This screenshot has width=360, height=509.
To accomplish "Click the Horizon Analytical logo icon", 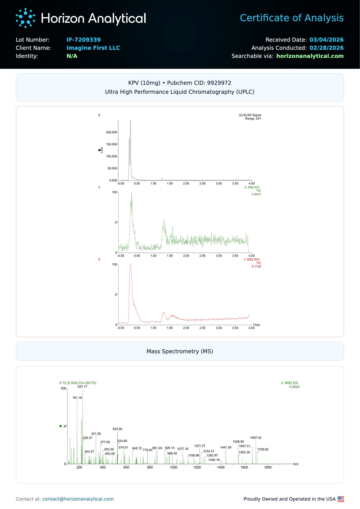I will click(x=25, y=18).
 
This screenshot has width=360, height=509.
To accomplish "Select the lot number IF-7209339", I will click(x=83, y=40).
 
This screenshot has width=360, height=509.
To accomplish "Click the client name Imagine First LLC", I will click(x=93, y=48).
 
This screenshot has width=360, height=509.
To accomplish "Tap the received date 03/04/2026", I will click(x=326, y=40).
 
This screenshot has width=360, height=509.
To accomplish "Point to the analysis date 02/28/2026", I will click(x=326, y=48).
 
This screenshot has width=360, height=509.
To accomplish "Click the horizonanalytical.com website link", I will click(x=310, y=56).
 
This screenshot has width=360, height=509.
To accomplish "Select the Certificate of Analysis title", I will click(x=292, y=18).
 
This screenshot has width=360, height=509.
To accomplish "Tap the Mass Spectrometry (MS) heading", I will click(x=180, y=351).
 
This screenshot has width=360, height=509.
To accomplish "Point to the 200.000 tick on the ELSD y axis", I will click(x=111, y=132).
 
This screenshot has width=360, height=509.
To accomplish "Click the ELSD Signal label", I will click(x=250, y=115).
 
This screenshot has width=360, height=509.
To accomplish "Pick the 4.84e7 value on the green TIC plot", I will click(x=256, y=194).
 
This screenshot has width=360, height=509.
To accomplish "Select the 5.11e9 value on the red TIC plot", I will click(x=256, y=267).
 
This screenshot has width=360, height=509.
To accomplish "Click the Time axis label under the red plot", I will click(x=256, y=325).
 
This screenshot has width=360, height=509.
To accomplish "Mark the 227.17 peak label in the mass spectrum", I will click(x=82, y=387).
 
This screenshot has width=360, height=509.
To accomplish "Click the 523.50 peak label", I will click(x=117, y=429).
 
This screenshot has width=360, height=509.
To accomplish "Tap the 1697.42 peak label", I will click(x=256, y=438).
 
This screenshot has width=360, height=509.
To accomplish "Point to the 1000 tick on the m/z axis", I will click(x=173, y=467).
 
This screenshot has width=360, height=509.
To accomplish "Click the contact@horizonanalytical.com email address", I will click(x=78, y=499).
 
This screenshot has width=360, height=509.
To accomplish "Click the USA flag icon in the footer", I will click(x=340, y=499).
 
